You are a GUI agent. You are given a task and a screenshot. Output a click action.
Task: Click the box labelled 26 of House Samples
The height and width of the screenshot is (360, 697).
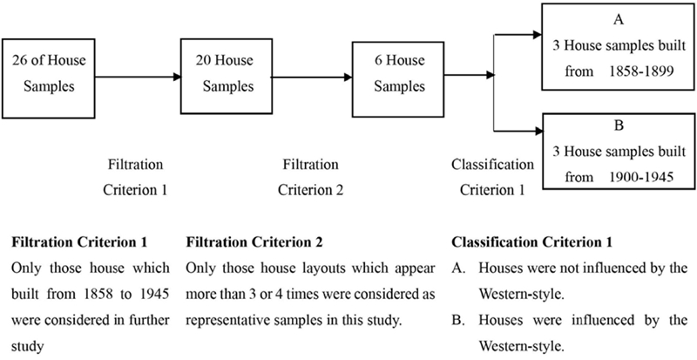48,78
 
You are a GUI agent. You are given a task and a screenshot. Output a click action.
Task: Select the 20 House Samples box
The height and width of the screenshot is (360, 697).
226,76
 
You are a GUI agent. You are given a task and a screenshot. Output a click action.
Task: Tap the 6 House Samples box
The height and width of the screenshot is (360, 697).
398,79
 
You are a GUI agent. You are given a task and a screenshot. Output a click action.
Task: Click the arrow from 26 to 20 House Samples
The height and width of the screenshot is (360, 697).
138,77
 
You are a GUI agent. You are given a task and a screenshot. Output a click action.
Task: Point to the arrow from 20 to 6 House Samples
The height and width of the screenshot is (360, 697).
312,78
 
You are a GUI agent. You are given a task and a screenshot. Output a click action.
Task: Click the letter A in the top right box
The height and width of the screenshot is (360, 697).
618,20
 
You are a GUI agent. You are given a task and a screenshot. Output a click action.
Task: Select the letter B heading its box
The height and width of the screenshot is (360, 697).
619,126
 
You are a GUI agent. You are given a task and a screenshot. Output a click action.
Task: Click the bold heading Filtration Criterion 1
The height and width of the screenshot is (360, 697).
79,242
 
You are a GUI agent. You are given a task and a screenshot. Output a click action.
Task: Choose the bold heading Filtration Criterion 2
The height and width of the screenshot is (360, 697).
254,242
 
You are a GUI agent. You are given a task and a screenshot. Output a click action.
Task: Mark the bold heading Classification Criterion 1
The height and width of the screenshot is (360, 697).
532,242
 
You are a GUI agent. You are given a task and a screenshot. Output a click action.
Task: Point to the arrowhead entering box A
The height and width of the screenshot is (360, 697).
537,34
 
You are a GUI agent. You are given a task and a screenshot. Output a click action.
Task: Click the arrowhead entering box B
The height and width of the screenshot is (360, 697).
538,131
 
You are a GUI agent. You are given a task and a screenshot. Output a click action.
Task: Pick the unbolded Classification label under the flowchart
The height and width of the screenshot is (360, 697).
492,165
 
